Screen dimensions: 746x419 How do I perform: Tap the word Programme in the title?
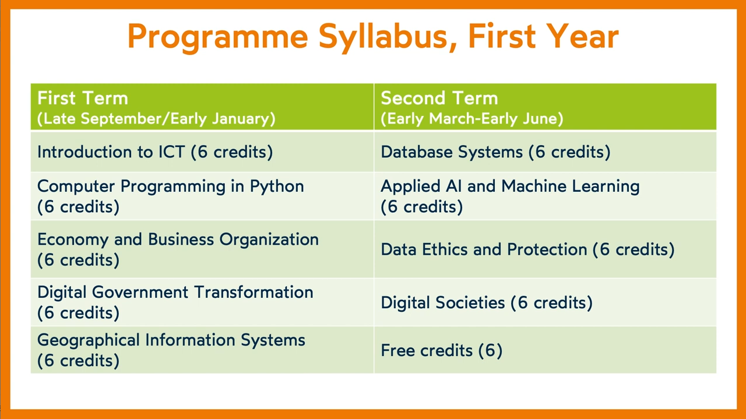(217, 37)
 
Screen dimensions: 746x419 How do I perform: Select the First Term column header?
(202, 107)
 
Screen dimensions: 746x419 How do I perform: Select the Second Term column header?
(545, 107)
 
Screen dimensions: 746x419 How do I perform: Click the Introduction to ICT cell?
(202, 152)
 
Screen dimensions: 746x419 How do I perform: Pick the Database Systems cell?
(545, 152)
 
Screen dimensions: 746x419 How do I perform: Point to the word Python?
(277, 186)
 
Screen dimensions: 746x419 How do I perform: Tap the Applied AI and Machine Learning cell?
(545, 196)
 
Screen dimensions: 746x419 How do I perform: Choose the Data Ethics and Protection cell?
(545, 249)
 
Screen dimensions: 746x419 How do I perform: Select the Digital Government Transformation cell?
(202, 302)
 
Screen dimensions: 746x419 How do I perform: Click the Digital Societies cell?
(545, 302)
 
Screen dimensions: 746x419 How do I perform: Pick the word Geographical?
(88, 341)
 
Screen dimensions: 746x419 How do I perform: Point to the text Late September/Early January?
(156, 118)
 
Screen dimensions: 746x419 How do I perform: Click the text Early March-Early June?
(472, 118)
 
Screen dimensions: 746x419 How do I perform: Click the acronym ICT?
(171, 152)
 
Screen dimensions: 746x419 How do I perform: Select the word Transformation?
(254, 293)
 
